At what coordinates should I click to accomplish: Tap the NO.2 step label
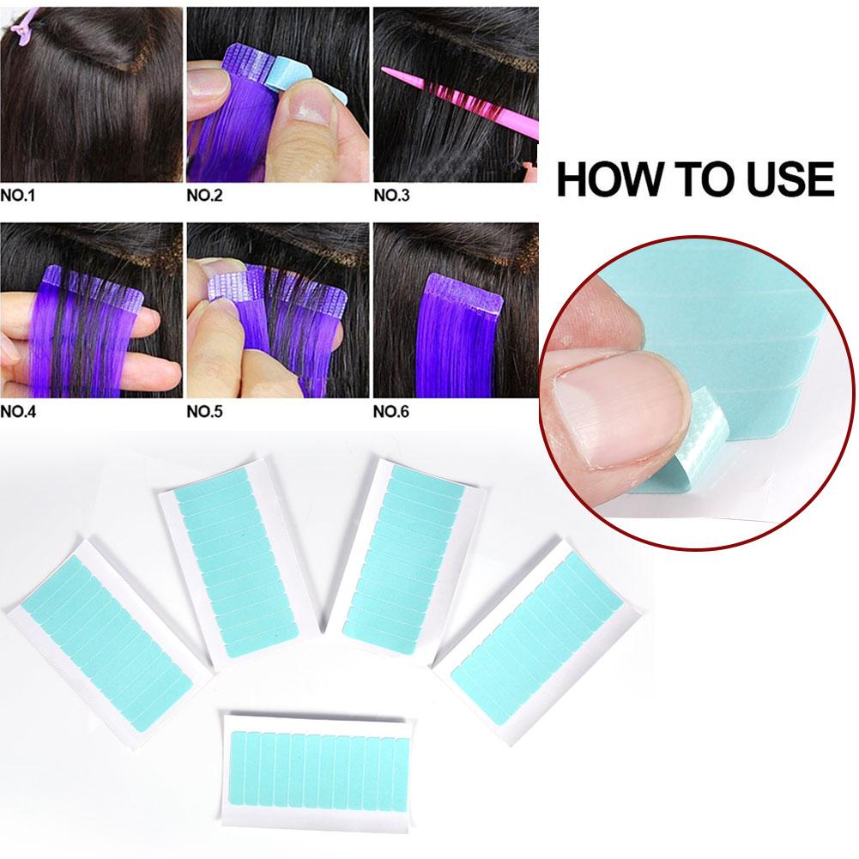[204, 196]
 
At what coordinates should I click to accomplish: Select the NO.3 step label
[391, 196]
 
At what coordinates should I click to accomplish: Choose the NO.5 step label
[204, 411]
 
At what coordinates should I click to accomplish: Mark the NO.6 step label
[391, 411]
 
